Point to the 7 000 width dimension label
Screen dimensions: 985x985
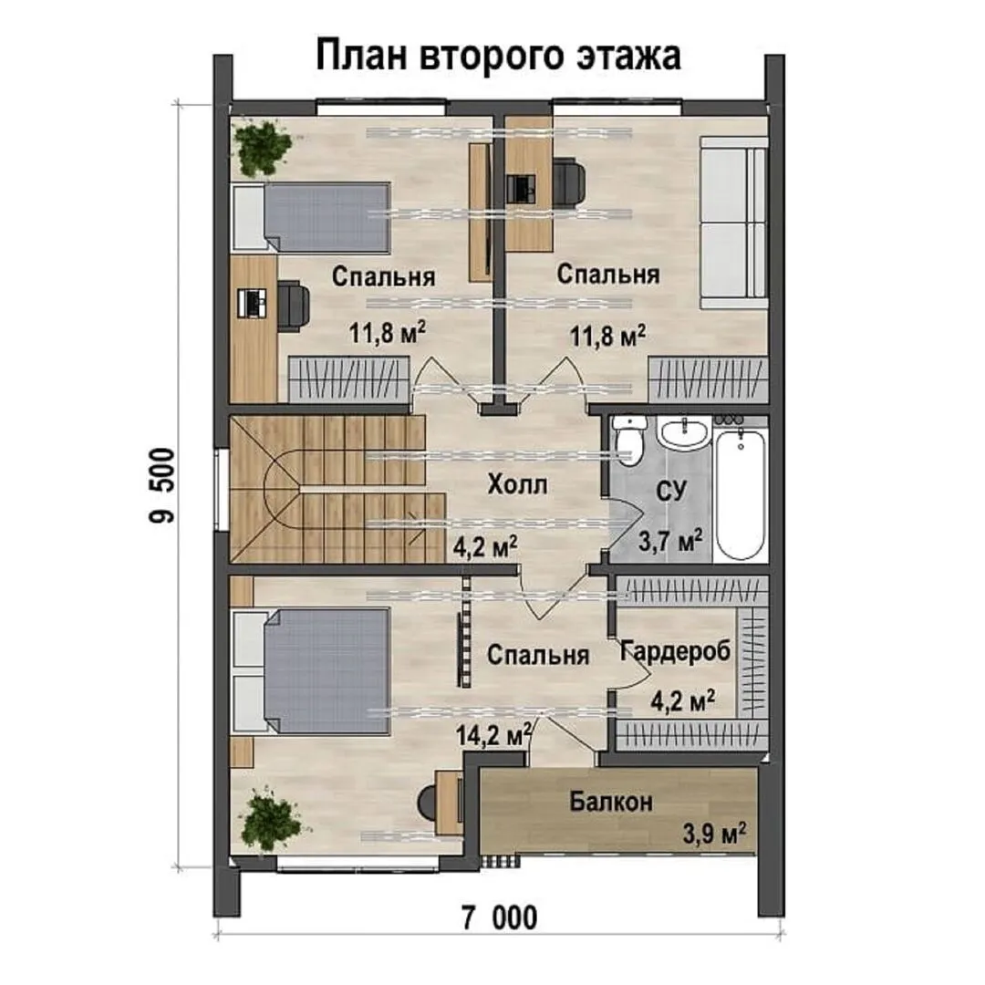click(500, 918)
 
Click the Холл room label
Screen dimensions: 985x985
click(518, 484)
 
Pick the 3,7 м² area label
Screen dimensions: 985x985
click(670, 540)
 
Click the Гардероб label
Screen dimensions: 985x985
click(675, 651)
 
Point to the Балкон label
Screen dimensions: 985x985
click(611, 802)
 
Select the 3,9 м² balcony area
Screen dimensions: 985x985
click(714, 834)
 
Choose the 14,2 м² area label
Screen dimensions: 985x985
click(493, 733)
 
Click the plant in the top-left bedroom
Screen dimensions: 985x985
click(264, 148)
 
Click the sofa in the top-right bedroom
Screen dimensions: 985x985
click(734, 224)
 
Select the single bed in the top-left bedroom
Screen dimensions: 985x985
click(311, 218)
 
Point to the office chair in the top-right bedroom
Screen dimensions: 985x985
click(569, 182)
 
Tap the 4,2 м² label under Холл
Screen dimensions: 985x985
click(485, 546)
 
